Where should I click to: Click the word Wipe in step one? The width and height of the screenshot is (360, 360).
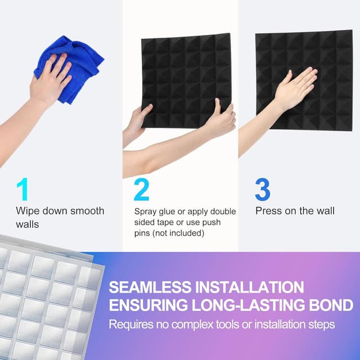[28, 211]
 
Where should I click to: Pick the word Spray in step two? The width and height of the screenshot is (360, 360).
[146, 211]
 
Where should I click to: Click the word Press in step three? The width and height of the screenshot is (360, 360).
[269, 211]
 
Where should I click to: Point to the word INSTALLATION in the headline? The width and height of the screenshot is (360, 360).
[251, 287]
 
